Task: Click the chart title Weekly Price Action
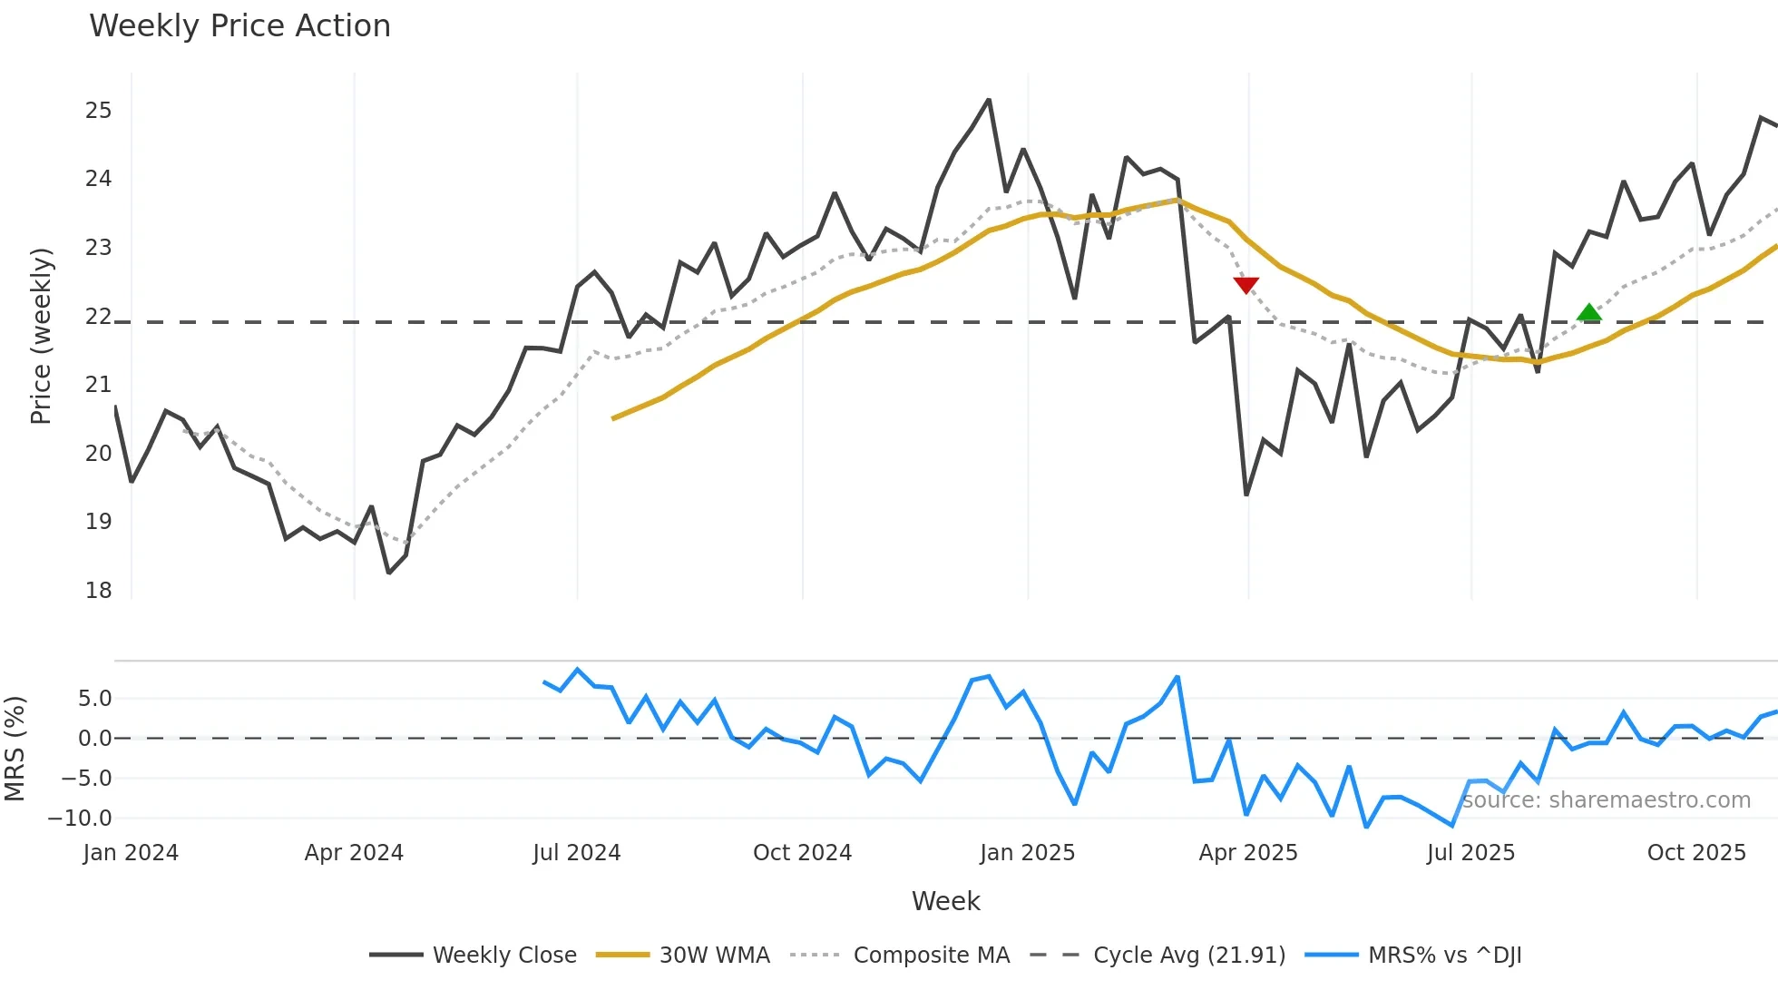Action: pyautogui.click(x=239, y=26)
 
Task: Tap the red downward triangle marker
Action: pyautogui.click(x=1246, y=285)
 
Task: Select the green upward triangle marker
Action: pyautogui.click(x=1588, y=313)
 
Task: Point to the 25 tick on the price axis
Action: pyautogui.click(x=98, y=111)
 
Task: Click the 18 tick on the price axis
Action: pyautogui.click(x=98, y=591)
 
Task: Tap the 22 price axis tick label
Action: pyautogui.click(x=98, y=317)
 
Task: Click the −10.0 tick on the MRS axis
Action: pyautogui.click(x=80, y=819)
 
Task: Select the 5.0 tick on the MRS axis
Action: pyautogui.click(x=94, y=699)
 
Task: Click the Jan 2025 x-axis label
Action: pyautogui.click(x=1027, y=853)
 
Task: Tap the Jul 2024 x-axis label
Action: pyautogui.click(x=576, y=853)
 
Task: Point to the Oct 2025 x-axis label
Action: pyautogui.click(x=1695, y=853)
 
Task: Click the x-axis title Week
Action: pyautogui.click(x=945, y=901)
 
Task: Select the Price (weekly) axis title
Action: pyautogui.click(x=42, y=336)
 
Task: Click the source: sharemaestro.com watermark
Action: pyautogui.click(x=1606, y=800)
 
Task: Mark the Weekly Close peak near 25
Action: pyautogui.click(x=989, y=100)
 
